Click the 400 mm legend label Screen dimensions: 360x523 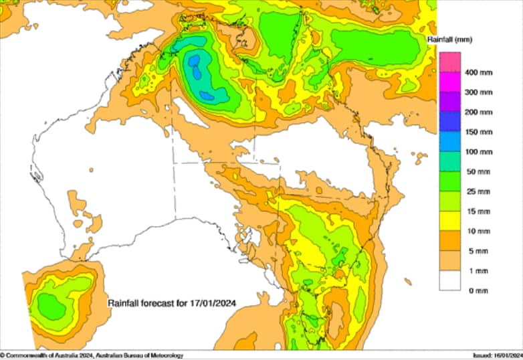click(478, 72)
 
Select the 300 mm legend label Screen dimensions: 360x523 click(478, 92)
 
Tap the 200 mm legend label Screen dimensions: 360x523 click(478, 112)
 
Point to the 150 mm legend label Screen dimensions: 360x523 click(478, 132)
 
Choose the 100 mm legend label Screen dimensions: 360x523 click(478, 152)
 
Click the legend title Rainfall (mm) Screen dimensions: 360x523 click(449, 40)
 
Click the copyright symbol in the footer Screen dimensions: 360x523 click(3, 355)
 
